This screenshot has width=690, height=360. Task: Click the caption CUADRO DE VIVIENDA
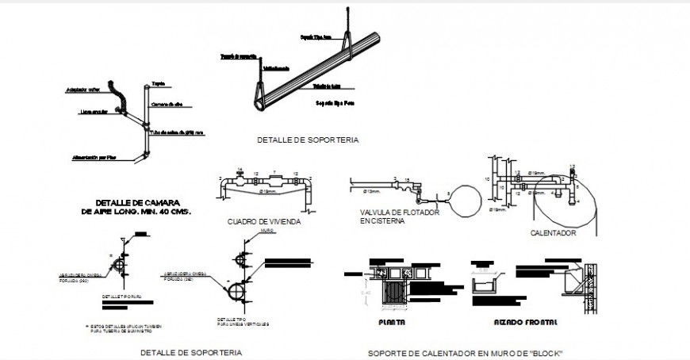(263, 222)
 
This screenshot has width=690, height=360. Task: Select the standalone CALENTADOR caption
(553, 233)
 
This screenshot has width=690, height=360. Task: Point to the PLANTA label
(392, 322)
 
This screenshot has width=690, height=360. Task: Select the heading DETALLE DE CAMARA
(136, 202)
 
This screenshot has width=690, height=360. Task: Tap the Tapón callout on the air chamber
(159, 82)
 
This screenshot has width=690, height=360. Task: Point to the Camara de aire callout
(167, 105)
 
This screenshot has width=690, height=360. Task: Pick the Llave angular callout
(94, 112)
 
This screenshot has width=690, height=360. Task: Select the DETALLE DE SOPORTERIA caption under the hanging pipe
(307, 140)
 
